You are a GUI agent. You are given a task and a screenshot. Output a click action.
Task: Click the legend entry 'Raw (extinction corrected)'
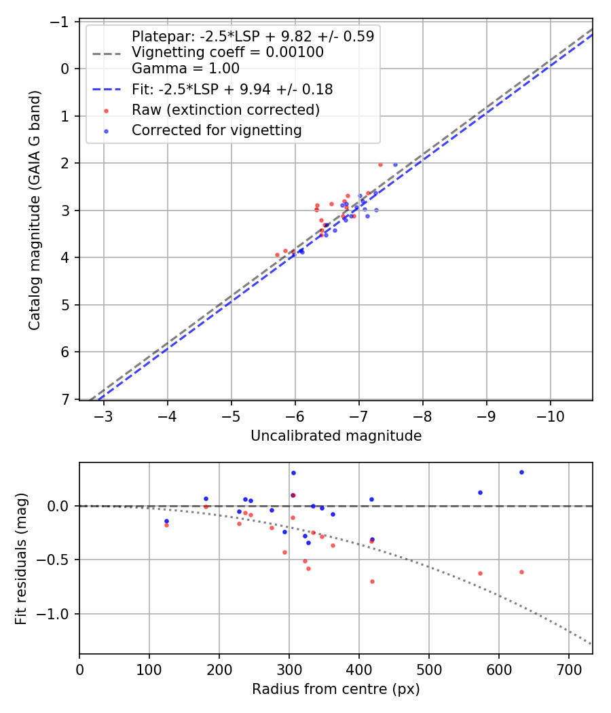click(x=225, y=110)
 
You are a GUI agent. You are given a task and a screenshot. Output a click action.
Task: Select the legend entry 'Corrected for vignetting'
click(x=217, y=130)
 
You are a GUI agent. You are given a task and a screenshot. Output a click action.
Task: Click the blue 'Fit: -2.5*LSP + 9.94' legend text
click(x=232, y=90)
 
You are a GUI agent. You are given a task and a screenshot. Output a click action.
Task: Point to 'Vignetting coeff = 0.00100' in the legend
click(x=227, y=52)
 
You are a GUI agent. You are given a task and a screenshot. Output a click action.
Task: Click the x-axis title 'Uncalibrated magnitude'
click(x=336, y=436)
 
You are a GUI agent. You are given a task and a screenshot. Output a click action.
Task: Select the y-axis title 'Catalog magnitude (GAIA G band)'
click(x=35, y=211)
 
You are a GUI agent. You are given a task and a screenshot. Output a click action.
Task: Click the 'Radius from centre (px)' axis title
click(x=336, y=689)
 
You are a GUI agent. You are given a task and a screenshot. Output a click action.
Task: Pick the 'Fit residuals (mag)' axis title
click(x=21, y=558)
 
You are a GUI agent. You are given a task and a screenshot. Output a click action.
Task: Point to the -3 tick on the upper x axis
click(x=104, y=416)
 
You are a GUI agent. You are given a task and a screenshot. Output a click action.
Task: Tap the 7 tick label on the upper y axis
click(x=65, y=399)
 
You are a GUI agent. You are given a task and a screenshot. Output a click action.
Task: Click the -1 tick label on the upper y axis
click(x=61, y=22)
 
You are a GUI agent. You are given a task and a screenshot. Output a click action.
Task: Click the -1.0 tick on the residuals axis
click(x=56, y=614)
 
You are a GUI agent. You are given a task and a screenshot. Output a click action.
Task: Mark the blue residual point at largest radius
click(x=521, y=472)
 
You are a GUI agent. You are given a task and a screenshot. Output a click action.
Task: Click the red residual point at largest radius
click(x=521, y=572)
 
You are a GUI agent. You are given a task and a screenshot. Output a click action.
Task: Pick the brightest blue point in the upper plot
click(x=395, y=164)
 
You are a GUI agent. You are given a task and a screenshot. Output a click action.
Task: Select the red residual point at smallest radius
click(x=166, y=525)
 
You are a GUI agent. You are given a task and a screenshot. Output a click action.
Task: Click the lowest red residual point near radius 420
click(x=372, y=581)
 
